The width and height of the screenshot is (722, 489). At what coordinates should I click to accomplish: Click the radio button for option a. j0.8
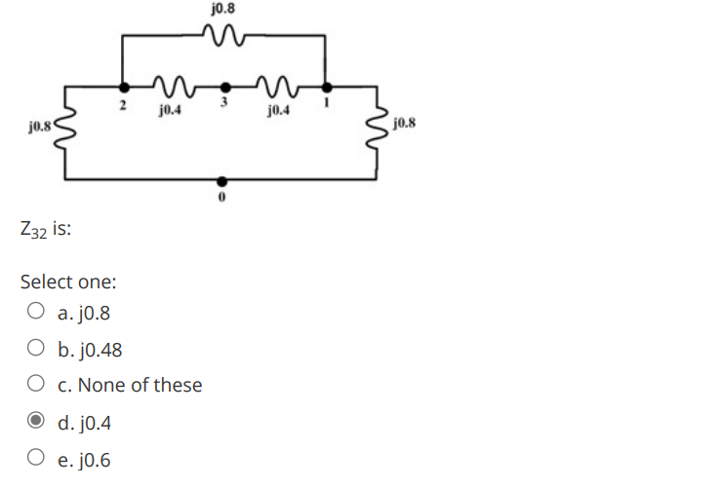35,314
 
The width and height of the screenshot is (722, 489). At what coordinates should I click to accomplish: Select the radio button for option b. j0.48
35,350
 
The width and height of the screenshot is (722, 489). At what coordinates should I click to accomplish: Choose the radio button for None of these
35,386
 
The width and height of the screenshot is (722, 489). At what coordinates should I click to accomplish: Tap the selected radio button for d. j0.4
35,423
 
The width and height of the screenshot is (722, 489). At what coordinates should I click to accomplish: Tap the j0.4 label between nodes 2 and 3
168,110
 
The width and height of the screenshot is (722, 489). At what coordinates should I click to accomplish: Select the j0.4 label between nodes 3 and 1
276,110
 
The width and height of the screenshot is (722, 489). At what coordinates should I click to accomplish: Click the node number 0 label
222,198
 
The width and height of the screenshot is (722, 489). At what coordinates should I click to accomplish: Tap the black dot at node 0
222,180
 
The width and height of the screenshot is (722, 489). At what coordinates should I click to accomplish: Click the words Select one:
68,282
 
